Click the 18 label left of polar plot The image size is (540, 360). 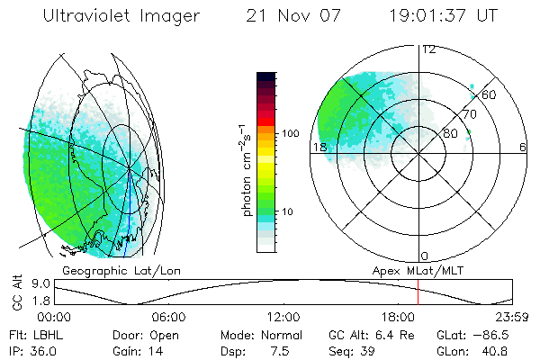(x=319, y=148)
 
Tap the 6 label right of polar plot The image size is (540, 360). (x=523, y=148)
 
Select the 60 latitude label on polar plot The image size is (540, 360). (x=490, y=94)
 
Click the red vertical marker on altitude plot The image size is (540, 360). (x=418, y=292)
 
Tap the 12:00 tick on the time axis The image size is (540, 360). (x=283, y=316)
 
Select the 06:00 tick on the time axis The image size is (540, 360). (x=169, y=316)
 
